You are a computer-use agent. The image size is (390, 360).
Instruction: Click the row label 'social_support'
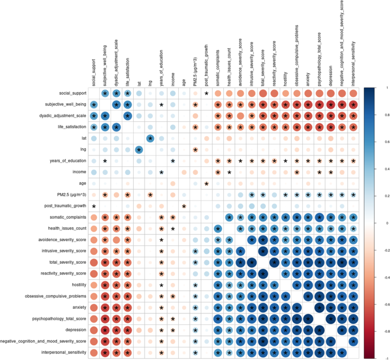coord(70,93)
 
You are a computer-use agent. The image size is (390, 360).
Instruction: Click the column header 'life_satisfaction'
coord(128,62)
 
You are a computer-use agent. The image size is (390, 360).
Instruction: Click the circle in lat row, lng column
coord(150,138)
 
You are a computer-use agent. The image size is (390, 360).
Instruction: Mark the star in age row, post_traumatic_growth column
coord(206,183)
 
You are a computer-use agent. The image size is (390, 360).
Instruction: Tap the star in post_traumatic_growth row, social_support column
coord(93,206)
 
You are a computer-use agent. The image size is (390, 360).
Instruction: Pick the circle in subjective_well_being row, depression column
coord(330,105)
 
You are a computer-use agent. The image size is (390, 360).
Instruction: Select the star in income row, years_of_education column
coord(161,172)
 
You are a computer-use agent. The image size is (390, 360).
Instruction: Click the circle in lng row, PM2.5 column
coord(195,150)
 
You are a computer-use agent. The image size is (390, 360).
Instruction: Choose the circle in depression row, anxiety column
coord(307,330)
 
